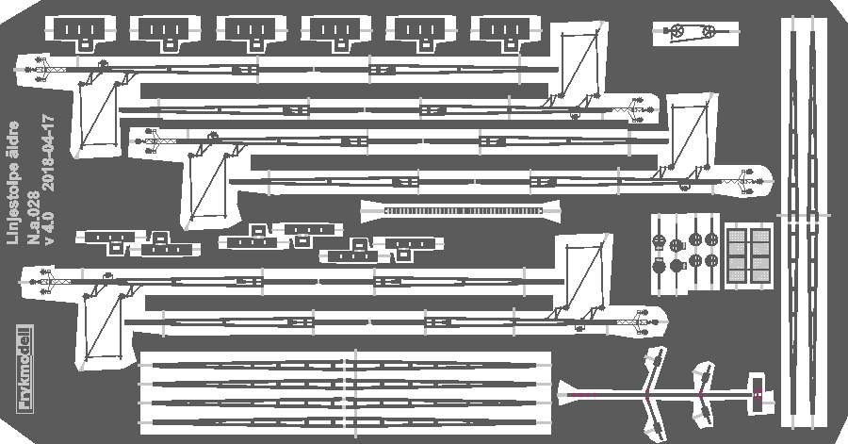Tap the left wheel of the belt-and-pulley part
pyautogui.click(x=677, y=34)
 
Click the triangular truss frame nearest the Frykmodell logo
pyautogui.click(x=101, y=325)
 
